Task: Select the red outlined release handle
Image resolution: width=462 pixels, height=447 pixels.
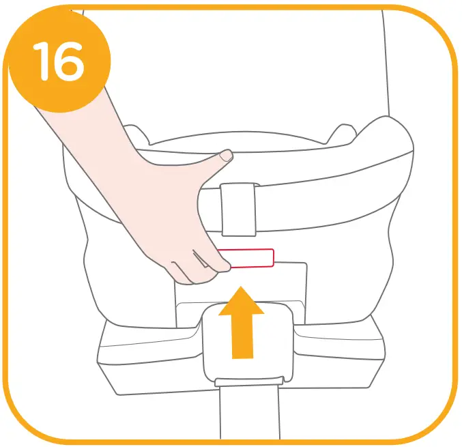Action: tap(248, 258)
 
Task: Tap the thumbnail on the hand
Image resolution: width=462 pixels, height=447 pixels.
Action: tap(225, 157)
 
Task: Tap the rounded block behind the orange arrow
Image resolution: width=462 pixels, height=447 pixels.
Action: tap(273, 341)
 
